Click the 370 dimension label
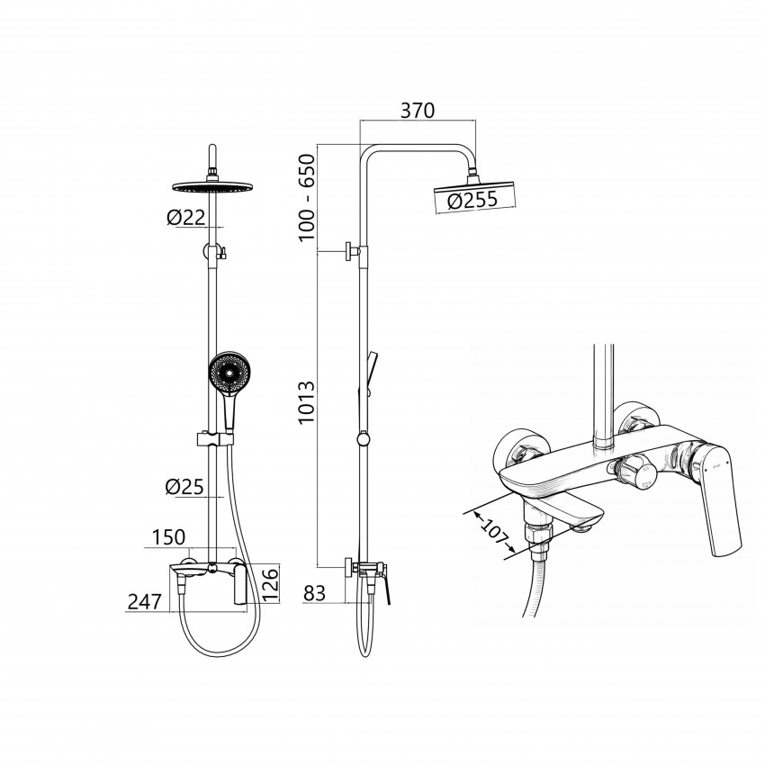417,111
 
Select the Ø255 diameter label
472,200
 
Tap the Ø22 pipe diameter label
186,218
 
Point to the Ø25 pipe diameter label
184,486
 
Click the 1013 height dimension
307,403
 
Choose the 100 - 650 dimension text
307,197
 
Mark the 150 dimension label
169,537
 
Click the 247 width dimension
144,602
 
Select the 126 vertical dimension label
270,583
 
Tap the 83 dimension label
314,593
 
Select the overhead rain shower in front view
212,187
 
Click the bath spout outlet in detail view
583,526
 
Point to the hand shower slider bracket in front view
216,438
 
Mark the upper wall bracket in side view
356,251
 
